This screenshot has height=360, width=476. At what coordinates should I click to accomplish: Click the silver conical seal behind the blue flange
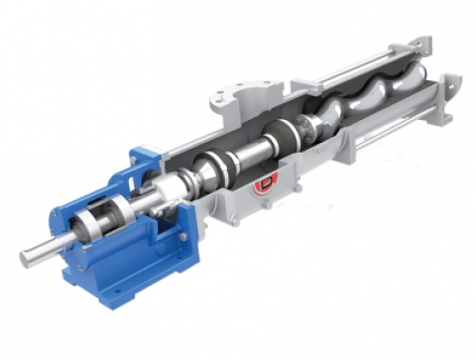[183, 188]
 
